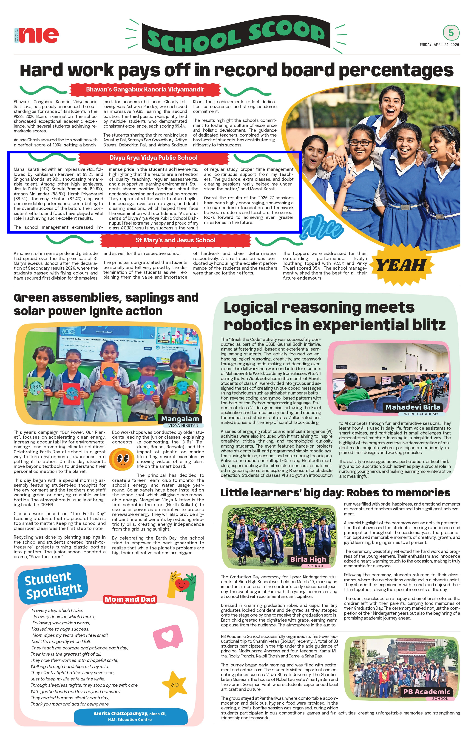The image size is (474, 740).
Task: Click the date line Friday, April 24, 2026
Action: click(439, 45)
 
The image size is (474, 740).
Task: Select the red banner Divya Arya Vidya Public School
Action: click(153, 158)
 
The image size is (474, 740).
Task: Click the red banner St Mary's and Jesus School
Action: click(176, 240)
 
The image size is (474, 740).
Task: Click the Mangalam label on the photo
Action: click(180, 419)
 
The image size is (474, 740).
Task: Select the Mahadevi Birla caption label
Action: click(413, 407)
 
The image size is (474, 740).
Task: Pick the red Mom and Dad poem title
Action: click(130, 599)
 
